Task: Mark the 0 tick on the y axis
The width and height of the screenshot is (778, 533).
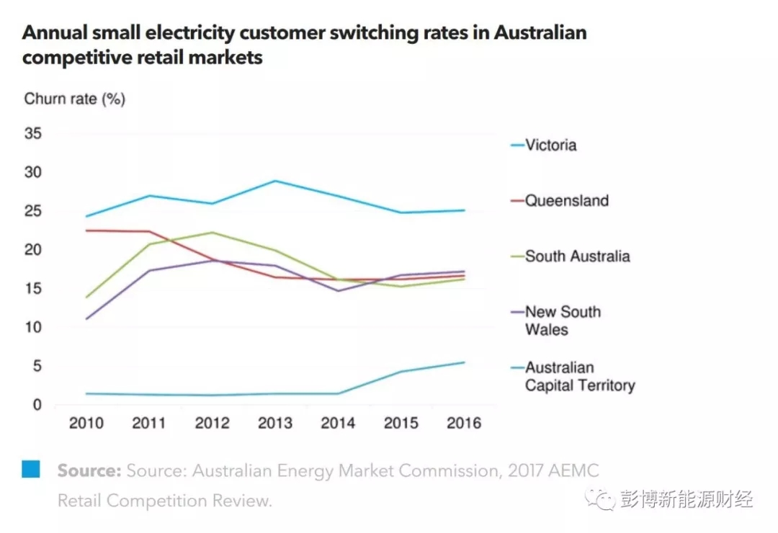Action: click(x=37, y=405)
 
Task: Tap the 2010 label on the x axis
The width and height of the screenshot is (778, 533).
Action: click(x=86, y=423)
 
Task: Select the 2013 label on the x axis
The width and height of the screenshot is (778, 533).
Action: click(x=274, y=423)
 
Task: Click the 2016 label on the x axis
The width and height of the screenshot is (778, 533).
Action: click(x=464, y=423)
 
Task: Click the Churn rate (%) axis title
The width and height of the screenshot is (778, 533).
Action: click(x=74, y=99)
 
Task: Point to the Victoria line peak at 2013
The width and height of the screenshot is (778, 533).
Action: click(x=274, y=181)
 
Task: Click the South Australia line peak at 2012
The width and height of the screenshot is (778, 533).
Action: click(x=212, y=233)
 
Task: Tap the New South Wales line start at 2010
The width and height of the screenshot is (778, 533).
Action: click(x=86, y=318)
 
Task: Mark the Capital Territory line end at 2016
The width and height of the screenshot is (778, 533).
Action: click(x=464, y=362)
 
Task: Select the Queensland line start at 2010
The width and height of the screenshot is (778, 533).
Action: click(x=86, y=230)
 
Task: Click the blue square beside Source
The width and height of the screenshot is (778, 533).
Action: click(x=31, y=470)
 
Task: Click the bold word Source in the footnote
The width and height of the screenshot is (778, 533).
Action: click(x=89, y=470)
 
